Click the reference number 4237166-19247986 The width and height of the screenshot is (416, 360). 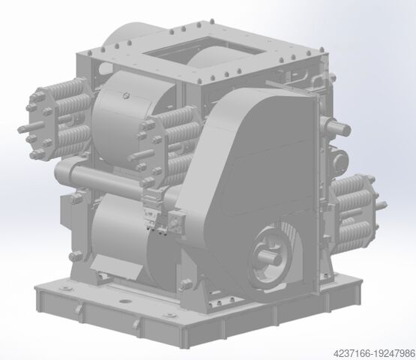point(374,354)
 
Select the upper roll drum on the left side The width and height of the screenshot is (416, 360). point(133,117)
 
